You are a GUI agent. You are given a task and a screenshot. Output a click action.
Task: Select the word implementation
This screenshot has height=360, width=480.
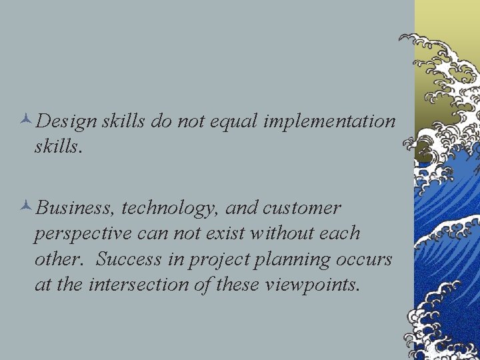pyautogui.click(x=329, y=122)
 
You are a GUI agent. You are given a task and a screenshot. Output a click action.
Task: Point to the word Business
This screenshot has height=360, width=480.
pyautogui.click(x=77, y=209)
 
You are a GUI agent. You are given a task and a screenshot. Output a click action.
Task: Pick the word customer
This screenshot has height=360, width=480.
pyautogui.click(x=302, y=209)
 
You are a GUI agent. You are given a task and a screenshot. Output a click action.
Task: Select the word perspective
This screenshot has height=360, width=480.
pyautogui.click(x=81, y=235)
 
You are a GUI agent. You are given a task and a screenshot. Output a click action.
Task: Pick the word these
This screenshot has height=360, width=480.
pyautogui.click(x=239, y=285)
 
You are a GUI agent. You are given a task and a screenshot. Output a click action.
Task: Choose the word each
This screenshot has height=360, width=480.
pyautogui.click(x=340, y=233)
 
